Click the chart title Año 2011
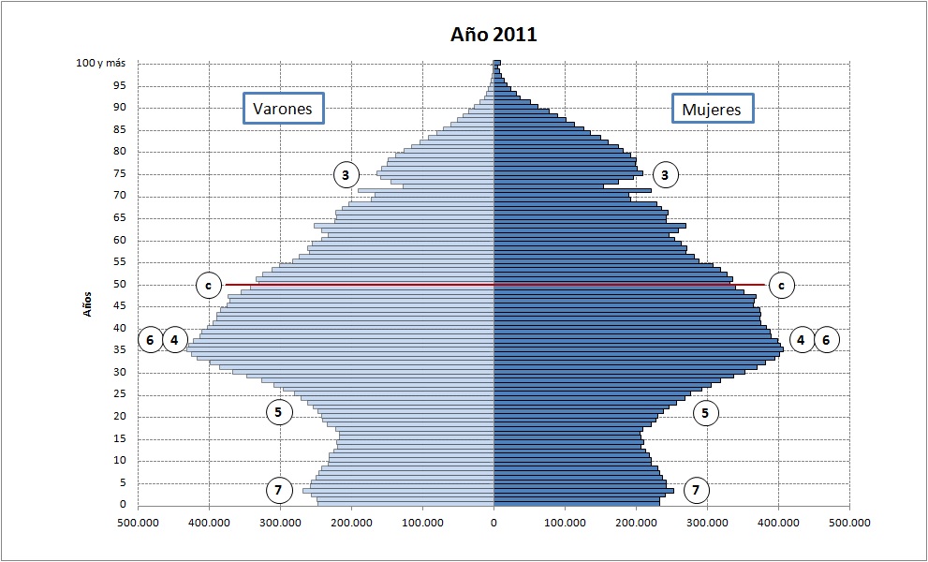[x=493, y=35]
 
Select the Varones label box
[x=283, y=109]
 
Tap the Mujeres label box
[x=711, y=109]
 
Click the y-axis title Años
[x=88, y=302]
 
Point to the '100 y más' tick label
[x=101, y=63]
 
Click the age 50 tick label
[x=120, y=285]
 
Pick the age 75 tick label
[x=120, y=173]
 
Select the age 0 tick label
[x=123, y=505]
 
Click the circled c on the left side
[x=210, y=285]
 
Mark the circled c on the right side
[x=781, y=285]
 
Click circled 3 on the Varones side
[x=346, y=174]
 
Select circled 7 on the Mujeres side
[x=696, y=489]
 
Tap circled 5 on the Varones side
[x=278, y=411]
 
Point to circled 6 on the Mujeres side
[x=826, y=340]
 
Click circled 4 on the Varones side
[x=175, y=340]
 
